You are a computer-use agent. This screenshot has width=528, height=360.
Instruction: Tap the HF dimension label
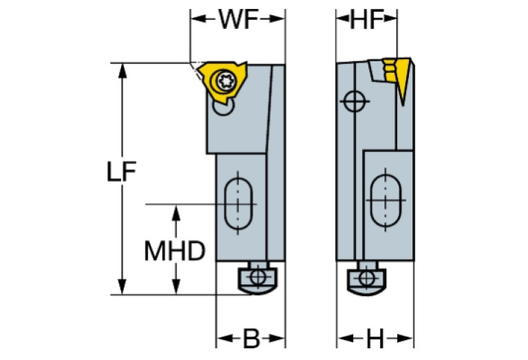click(x=366, y=19)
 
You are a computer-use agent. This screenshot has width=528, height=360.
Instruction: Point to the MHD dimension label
click(x=175, y=251)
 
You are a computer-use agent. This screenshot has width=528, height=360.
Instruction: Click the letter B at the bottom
click(x=251, y=339)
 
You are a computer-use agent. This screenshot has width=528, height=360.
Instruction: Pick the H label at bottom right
click(x=375, y=339)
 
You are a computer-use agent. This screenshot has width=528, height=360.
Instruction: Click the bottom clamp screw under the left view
click(x=256, y=277)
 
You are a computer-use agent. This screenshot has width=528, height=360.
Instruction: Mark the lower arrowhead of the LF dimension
click(x=123, y=288)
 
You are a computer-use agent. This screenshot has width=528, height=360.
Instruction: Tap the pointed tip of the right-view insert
click(x=401, y=105)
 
